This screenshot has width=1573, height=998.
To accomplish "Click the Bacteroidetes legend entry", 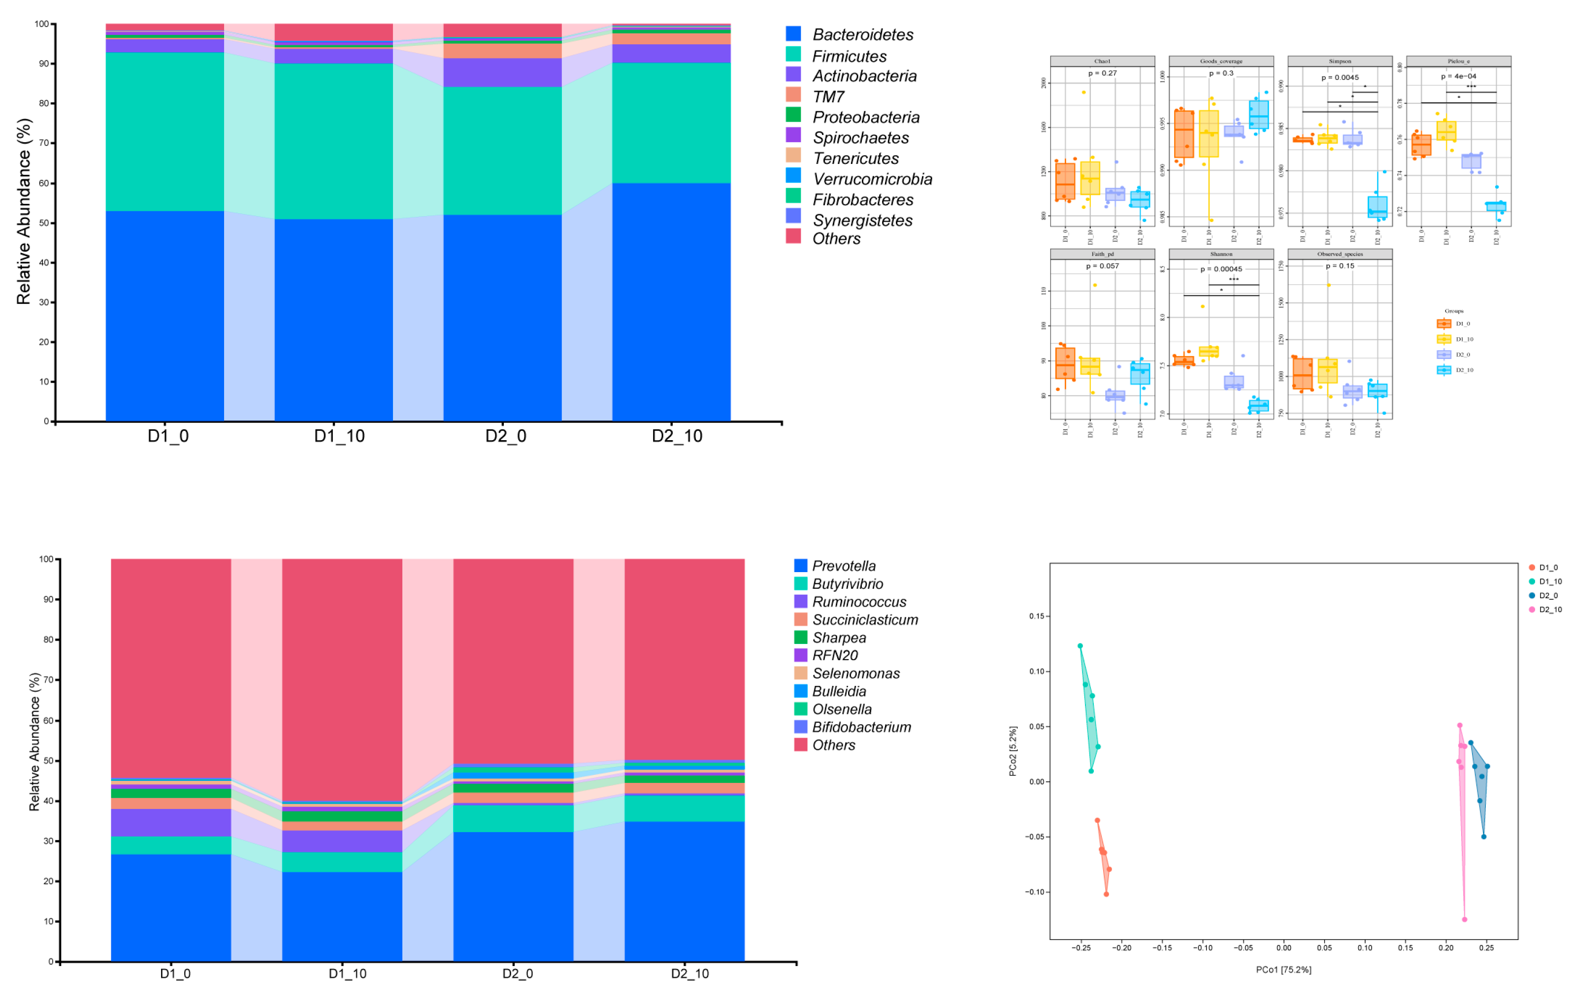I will coord(862,34).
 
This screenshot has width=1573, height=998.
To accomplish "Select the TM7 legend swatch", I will coord(793,95).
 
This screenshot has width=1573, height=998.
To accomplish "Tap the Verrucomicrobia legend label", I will coord(872,179).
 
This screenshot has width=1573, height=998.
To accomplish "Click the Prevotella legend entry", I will coord(843,566).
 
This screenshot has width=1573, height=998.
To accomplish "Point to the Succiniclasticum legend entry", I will coord(864,620).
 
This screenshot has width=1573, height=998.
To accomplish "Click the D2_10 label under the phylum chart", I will coord(677,436).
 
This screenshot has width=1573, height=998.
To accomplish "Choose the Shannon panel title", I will coord(1221,254).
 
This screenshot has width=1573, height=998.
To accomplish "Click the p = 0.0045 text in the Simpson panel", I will coord(1340,78).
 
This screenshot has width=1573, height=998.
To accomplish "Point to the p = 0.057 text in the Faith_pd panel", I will coord(1102,266).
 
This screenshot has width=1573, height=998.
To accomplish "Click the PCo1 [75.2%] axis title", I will coord(1283,970).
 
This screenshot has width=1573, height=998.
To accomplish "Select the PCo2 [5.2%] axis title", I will coord(1013,751).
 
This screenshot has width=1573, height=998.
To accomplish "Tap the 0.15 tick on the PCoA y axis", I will coord(1036,616).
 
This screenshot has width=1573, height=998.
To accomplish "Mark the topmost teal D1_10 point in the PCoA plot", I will coord(1081,646).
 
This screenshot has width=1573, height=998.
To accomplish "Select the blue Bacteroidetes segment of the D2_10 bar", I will coord(671,300).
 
